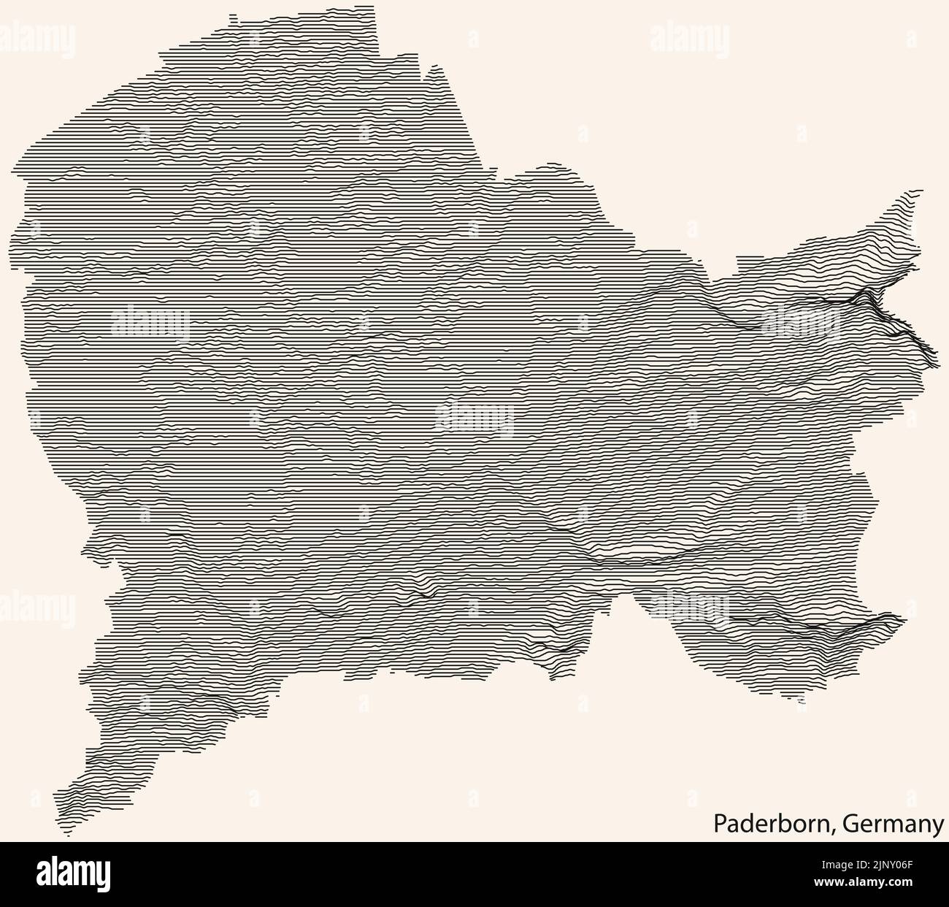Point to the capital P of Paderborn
(718, 824)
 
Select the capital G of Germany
(849, 824)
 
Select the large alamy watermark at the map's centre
(474, 419)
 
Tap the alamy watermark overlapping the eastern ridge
(801, 319)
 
